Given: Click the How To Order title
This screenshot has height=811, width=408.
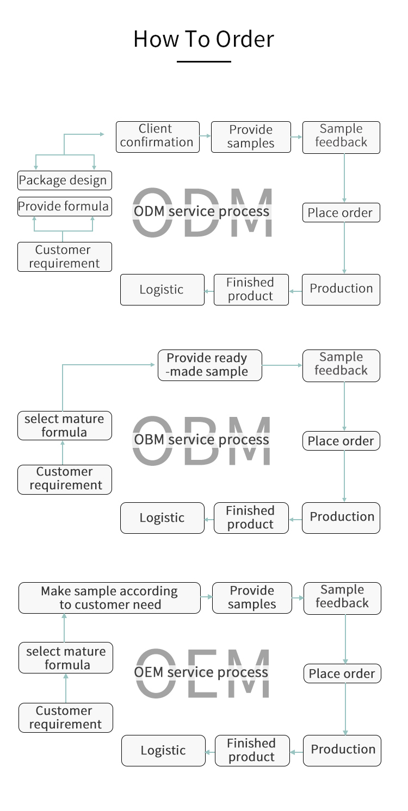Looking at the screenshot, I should [x=203, y=39].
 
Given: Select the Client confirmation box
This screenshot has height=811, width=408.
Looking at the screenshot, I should [x=157, y=136].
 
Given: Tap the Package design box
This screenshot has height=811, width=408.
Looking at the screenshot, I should [x=64, y=180].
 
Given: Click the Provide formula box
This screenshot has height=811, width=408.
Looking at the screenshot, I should [x=64, y=207].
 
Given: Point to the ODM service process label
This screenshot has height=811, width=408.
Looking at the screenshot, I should [x=201, y=211].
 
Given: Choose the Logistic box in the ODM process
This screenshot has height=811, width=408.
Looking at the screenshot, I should [x=162, y=290].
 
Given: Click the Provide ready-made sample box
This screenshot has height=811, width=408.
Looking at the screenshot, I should [x=209, y=365].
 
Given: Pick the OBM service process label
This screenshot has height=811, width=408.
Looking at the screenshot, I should [x=201, y=439].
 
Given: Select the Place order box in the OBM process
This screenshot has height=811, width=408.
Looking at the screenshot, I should [x=341, y=441].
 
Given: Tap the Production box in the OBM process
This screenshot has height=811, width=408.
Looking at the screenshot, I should [x=341, y=517].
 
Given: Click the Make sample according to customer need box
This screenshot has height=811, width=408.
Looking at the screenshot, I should [x=109, y=598].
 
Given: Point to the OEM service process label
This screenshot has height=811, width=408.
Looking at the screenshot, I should [x=201, y=672].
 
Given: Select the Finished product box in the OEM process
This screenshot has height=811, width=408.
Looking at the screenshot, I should [x=251, y=751].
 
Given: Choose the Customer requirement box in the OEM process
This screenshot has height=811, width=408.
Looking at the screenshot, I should [x=65, y=718].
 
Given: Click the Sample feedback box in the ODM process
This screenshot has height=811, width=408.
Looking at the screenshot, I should [x=341, y=136].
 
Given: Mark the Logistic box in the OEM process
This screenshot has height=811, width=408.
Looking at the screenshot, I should [x=163, y=751].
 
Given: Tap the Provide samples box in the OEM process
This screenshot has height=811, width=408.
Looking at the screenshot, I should [x=252, y=598].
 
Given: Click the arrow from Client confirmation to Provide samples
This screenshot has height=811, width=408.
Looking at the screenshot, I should [x=205, y=136].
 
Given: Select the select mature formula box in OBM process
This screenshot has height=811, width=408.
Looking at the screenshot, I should [x=64, y=426].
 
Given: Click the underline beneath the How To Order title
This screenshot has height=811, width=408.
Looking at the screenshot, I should [x=203, y=61].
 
